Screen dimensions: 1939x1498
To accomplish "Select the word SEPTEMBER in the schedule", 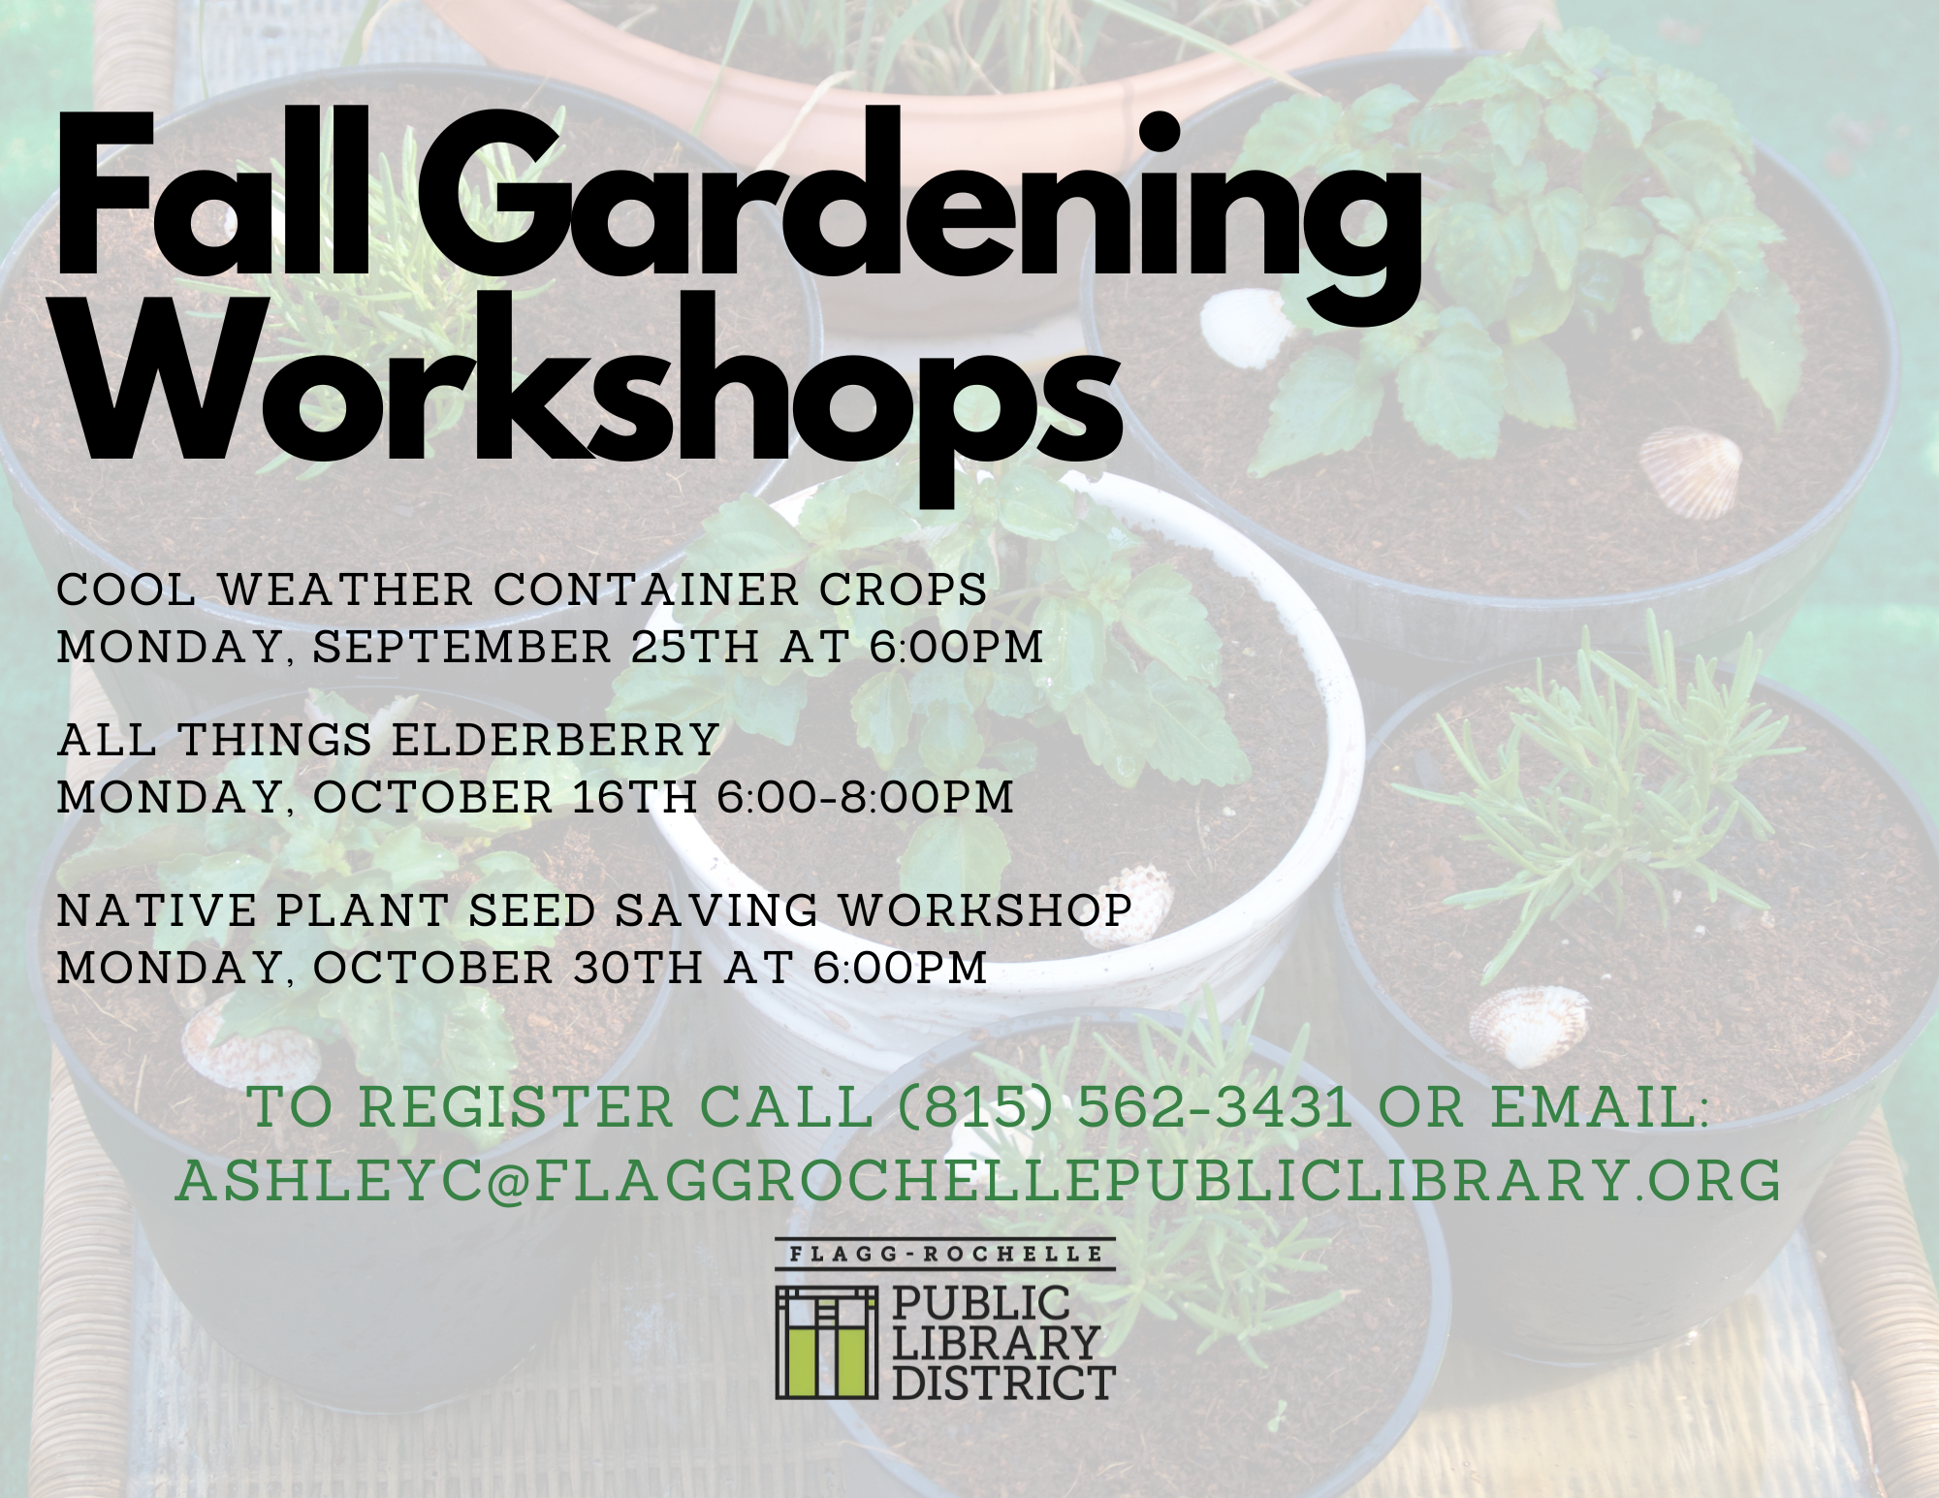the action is pyautogui.click(x=463, y=647).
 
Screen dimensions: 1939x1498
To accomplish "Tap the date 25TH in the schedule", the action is pyautogui.click(x=695, y=647).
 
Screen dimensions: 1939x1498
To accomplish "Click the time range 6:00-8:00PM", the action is pyautogui.click(x=865, y=797).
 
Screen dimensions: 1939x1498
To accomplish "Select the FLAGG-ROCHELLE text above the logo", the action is pyautogui.click(x=946, y=1254).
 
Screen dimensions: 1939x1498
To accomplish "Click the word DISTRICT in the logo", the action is pyautogui.click(x=1002, y=1383).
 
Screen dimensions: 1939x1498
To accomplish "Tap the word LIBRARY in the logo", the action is pyautogui.click(x=995, y=1344).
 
